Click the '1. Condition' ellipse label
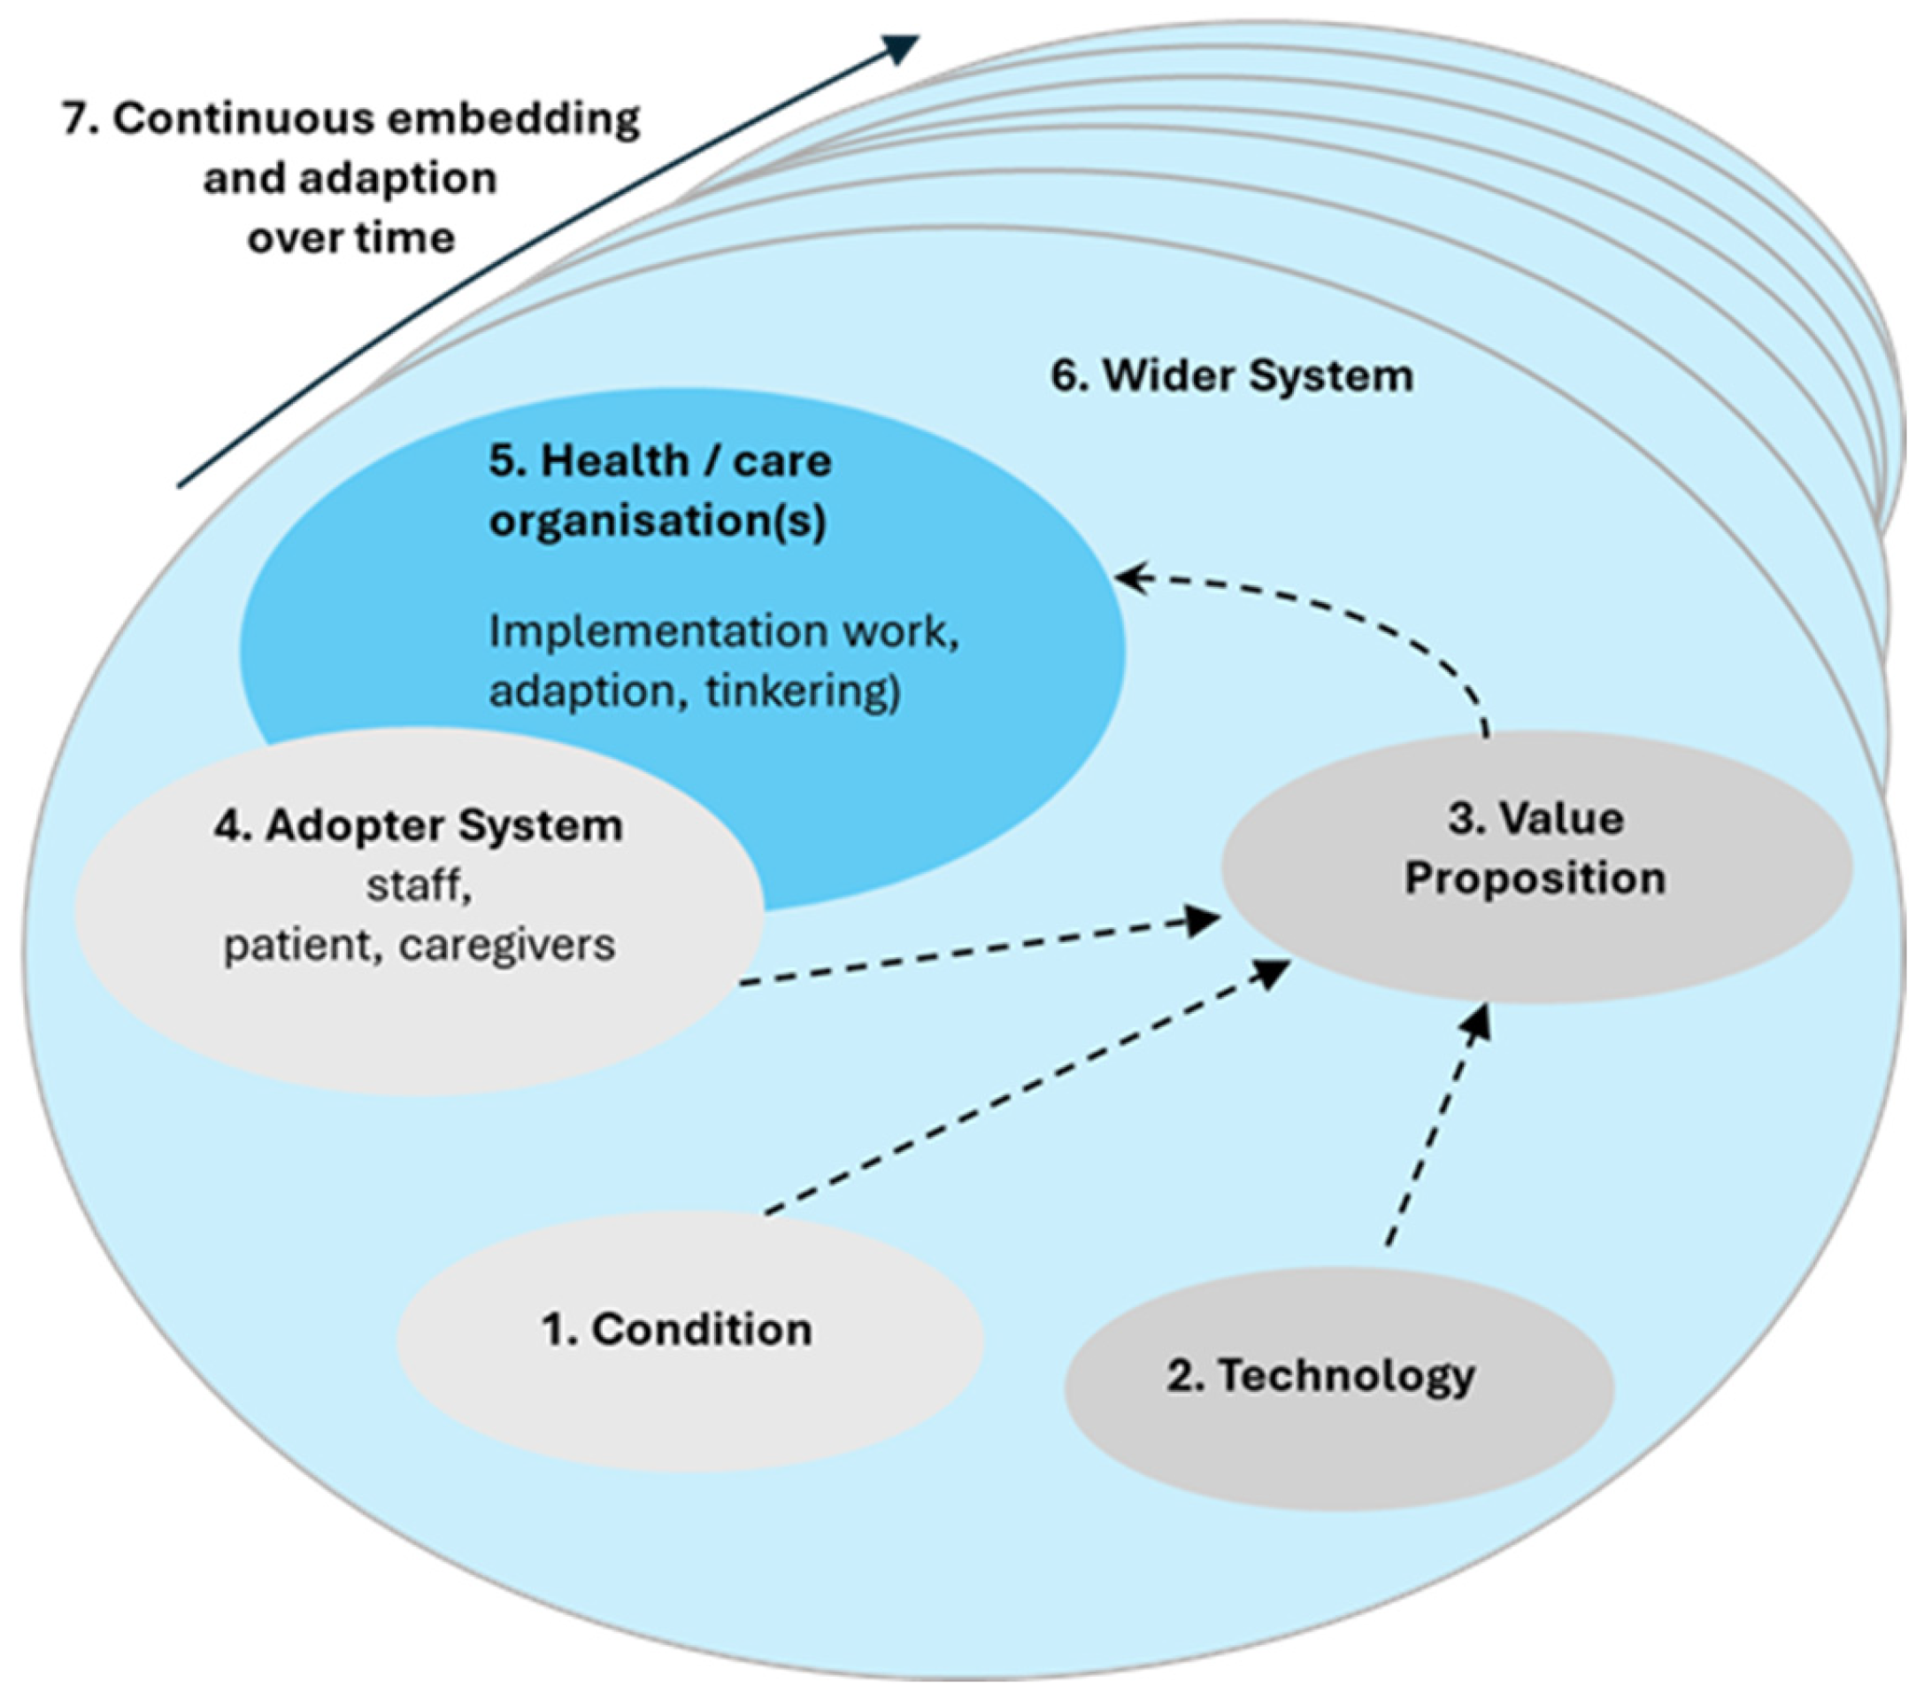coord(676,1330)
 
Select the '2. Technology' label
coord(1320,1376)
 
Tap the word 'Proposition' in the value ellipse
coord(1535,878)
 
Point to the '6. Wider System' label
coord(1231,375)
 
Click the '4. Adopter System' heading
coord(418,826)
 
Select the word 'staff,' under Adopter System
coord(419,885)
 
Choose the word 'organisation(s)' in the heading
coord(658,520)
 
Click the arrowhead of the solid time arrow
coord(902,47)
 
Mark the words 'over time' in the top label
coord(351,237)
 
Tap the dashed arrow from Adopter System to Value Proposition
coord(979,949)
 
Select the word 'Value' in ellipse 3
coord(1564,818)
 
